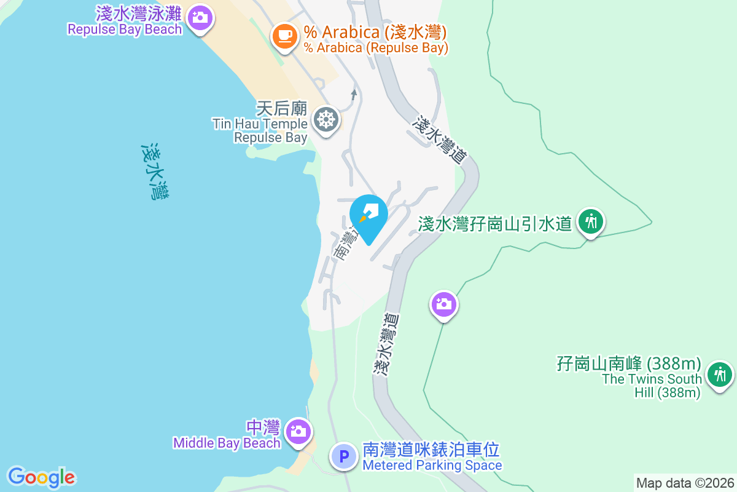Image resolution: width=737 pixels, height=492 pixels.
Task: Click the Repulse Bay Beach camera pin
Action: [198, 18]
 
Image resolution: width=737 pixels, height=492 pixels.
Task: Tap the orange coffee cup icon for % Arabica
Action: [284, 35]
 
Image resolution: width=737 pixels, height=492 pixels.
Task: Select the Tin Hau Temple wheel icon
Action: [326, 119]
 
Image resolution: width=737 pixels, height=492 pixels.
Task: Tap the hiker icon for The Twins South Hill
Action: [719, 373]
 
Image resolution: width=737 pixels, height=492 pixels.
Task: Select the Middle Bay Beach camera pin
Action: [298, 430]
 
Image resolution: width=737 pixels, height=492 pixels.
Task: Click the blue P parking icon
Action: [344, 457]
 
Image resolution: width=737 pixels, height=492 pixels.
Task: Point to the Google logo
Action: [42, 477]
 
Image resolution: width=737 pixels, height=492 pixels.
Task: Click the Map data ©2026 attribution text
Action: [685, 483]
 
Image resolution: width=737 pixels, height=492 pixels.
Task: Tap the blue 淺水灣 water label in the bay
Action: [156, 172]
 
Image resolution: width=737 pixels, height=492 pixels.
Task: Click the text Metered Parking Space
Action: [432, 466]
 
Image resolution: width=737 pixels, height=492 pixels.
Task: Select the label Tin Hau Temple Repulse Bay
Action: [260, 130]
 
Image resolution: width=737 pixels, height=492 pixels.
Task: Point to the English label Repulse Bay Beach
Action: [125, 30]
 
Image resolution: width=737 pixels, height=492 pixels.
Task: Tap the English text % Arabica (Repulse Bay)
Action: [376, 47]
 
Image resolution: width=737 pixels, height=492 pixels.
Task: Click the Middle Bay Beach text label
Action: [227, 443]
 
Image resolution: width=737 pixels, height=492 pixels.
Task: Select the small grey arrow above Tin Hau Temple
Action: [353, 94]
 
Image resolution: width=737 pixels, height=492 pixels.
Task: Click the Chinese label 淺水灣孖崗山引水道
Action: [495, 223]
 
